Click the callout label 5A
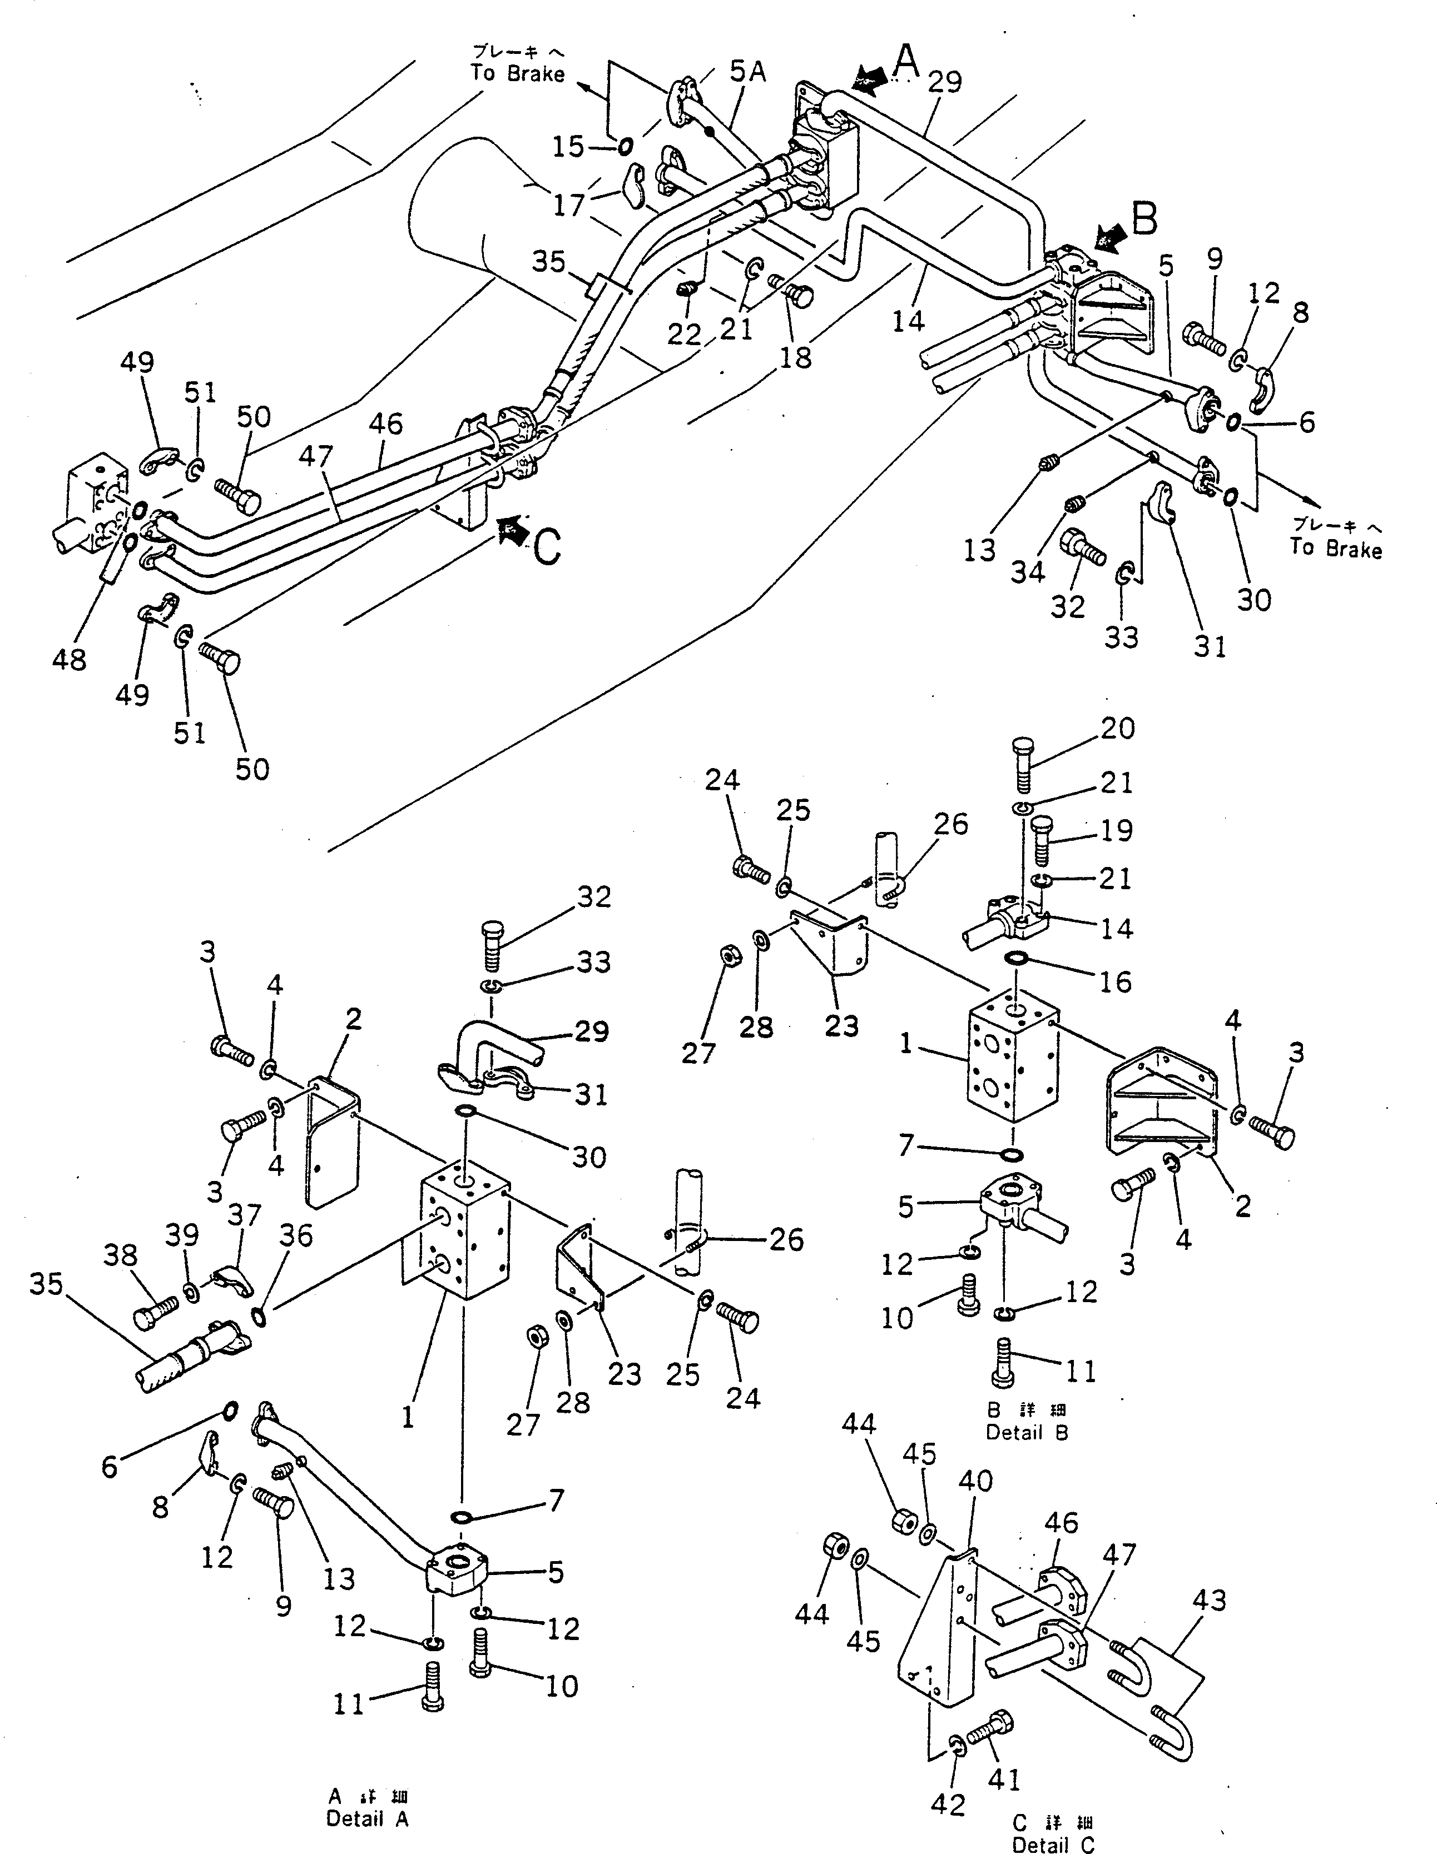coord(747,73)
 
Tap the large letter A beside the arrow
coord(907,61)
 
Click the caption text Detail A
coord(367,1818)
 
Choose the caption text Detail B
coord(1026,1432)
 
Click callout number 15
coord(568,147)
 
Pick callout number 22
coord(683,335)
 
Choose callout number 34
coord(1027,572)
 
